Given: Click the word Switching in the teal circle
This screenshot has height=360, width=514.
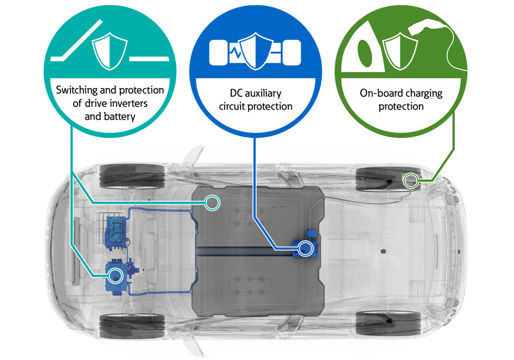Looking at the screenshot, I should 76,91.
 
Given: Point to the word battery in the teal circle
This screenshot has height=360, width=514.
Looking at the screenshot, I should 118,116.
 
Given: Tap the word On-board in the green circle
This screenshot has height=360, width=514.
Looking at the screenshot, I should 378,94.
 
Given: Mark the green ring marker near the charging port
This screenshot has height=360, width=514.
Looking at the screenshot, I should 410,179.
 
